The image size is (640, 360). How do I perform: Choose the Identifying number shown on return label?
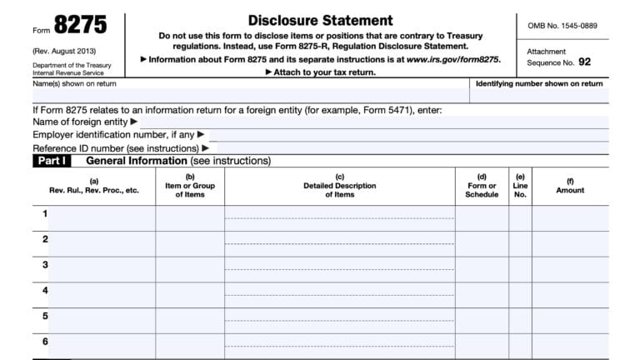coord(538,84)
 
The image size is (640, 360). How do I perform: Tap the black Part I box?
coord(52,161)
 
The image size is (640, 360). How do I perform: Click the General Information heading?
coord(137,161)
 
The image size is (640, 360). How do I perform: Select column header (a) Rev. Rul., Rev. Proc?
coord(93,186)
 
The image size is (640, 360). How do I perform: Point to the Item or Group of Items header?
coord(190,186)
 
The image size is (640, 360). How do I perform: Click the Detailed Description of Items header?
coord(339,186)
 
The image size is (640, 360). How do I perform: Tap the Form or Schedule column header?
coord(482,186)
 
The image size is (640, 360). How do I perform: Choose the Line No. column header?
coord(520,186)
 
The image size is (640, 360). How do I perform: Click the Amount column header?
coord(570,190)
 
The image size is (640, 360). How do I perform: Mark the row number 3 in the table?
coord(45,265)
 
